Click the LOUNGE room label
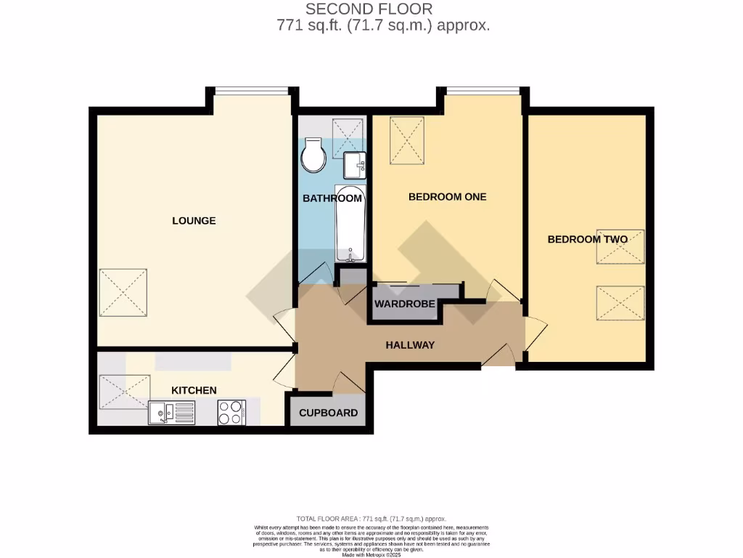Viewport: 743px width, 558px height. (194, 220)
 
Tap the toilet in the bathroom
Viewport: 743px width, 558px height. (314, 155)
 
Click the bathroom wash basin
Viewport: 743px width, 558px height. (355, 165)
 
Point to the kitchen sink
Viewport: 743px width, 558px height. (161, 413)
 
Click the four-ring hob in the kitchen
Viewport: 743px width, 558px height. (232, 413)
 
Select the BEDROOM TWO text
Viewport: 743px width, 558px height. (586, 239)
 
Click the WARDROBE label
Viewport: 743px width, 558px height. (404, 304)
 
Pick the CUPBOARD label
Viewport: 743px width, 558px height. (328, 413)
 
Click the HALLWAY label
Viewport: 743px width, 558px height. (409, 345)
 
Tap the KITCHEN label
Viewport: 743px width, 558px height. (194, 390)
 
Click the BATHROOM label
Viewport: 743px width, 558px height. (332, 198)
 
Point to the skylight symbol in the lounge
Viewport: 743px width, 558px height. (123, 293)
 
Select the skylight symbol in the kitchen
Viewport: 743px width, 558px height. (124, 392)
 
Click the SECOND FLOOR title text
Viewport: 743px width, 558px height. (369, 9)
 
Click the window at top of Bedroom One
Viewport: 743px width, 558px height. (483, 91)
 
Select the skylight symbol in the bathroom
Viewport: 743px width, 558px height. (349, 138)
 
